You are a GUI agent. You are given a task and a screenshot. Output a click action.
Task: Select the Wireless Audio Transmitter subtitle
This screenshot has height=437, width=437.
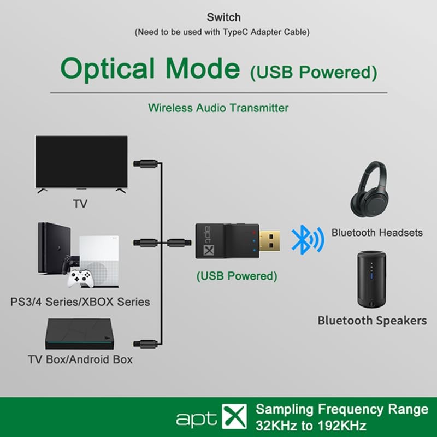tap(218, 108)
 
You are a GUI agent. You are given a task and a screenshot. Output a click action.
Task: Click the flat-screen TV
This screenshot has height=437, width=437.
tap(81, 162)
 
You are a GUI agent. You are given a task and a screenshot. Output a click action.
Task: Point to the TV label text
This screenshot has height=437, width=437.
tap(80, 205)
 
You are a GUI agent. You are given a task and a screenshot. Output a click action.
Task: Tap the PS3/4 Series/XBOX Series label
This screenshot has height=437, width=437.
tap(80, 302)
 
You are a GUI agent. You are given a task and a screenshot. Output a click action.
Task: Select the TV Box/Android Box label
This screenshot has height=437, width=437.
tap(80, 360)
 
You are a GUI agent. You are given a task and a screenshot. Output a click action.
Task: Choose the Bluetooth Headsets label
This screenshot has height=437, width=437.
tap(377, 233)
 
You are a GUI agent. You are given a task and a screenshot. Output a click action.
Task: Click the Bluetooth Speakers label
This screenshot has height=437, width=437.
tap(372, 321)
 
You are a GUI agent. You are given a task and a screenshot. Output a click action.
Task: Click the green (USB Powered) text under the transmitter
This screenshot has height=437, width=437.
tap(237, 276)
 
